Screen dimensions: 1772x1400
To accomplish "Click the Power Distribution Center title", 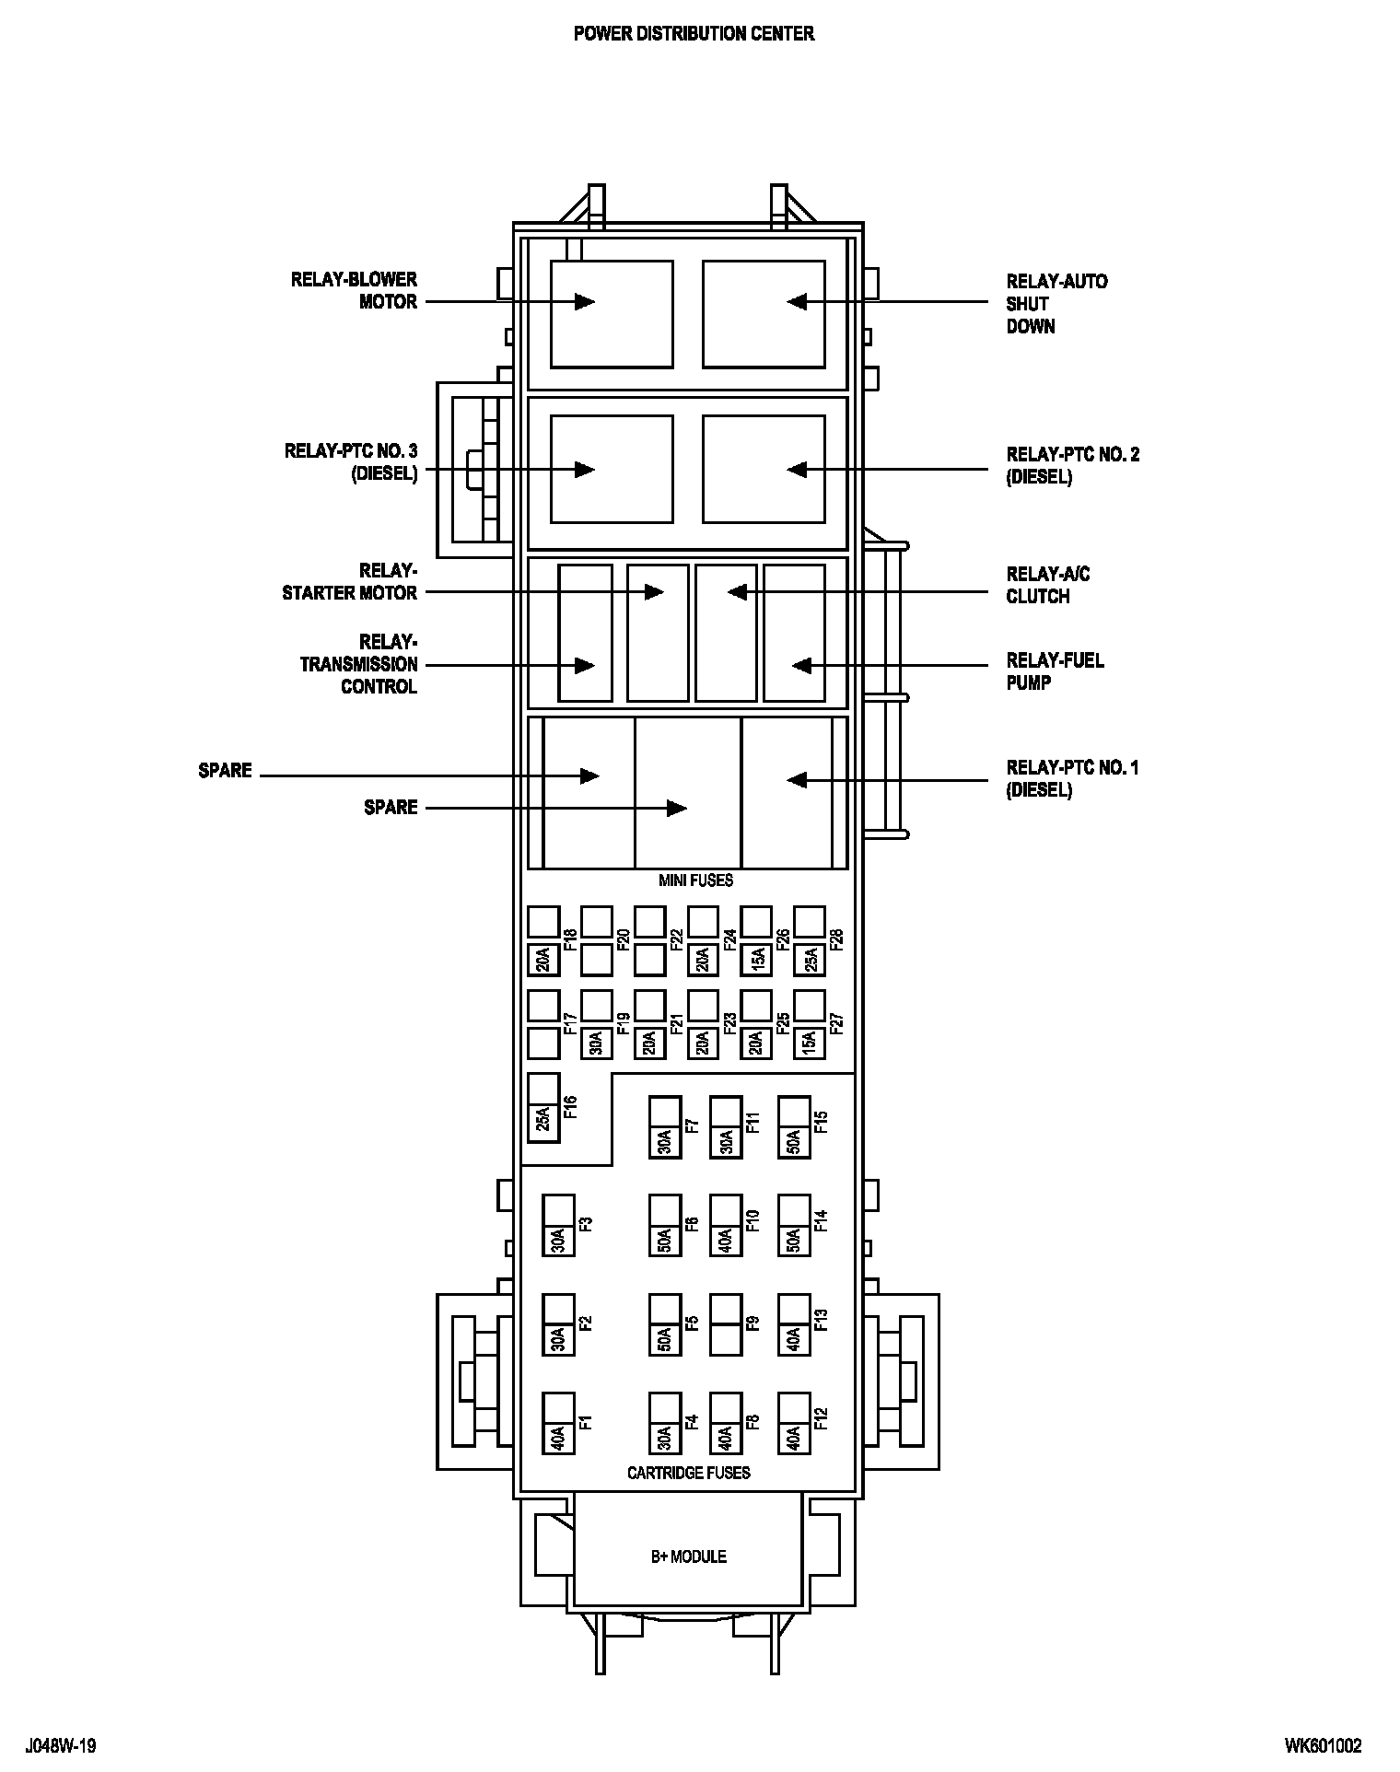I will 694,34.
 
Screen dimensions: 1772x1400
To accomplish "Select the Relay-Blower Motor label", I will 355,290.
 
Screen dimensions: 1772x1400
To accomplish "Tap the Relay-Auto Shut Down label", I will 1056,303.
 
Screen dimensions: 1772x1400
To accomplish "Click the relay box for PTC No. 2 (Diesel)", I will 764,469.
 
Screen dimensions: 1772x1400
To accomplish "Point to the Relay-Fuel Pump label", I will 1055,671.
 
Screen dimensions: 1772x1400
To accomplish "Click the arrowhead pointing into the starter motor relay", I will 654,591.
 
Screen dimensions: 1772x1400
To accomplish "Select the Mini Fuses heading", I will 695,880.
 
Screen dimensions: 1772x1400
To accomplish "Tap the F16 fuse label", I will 569,1107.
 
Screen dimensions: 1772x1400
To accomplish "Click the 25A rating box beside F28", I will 810,960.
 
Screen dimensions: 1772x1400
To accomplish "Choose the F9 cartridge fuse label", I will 752,1323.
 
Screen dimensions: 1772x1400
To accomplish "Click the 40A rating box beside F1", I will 558,1438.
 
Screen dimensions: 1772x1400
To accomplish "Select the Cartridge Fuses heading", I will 688,1473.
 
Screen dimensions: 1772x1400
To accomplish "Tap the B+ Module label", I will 688,1556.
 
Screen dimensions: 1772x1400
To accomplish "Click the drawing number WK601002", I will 1323,1745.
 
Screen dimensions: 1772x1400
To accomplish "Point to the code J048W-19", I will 62,1745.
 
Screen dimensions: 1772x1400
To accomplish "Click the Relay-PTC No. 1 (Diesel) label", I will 1072,779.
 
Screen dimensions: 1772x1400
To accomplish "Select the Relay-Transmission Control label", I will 359,664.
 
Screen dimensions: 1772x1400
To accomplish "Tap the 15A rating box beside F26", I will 756,960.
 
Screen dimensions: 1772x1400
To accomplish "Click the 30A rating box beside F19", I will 597,1043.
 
